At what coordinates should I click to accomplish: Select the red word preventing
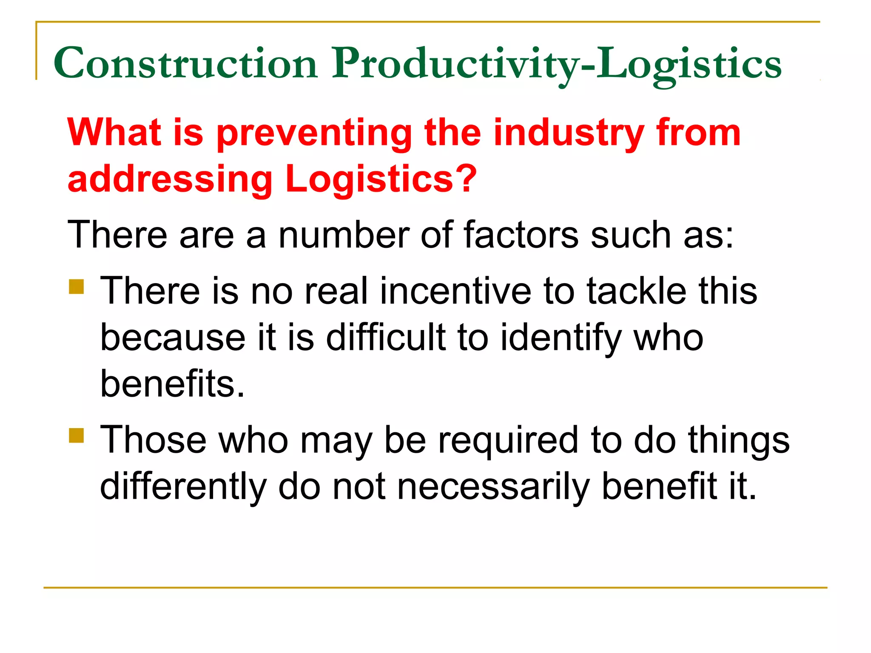[x=314, y=133]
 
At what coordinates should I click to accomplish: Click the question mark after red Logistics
[x=465, y=179]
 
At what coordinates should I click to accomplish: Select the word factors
[x=521, y=235]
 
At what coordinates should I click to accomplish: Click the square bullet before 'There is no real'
[x=77, y=287]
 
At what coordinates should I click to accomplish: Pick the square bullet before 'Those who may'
[x=77, y=435]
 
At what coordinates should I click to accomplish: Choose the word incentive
[x=455, y=291]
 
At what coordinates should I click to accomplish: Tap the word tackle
[x=636, y=291]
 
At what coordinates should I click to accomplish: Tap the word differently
[x=183, y=487]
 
